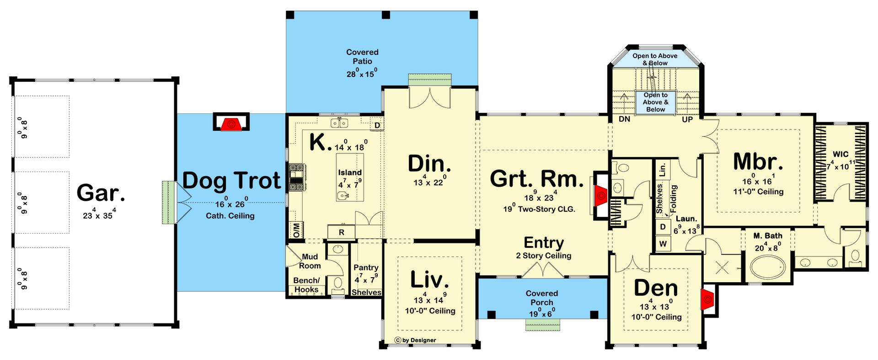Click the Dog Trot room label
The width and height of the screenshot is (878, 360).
click(x=231, y=181)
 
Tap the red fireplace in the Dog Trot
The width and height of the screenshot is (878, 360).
click(x=231, y=124)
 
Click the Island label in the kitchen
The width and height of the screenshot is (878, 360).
click(x=350, y=172)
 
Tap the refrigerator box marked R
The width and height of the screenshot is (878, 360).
click(x=341, y=232)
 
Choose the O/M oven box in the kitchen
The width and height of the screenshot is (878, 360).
click(x=296, y=230)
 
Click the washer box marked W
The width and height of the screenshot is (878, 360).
click(x=663, y=244)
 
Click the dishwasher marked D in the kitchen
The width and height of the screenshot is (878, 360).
click(x=377, y=125)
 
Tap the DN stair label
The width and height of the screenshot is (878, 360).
click(x=624, y=119)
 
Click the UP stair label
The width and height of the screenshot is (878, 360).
click(x=687, y=119)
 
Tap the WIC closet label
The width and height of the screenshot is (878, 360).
click(x=841, y=155)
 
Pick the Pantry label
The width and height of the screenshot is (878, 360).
click(x=366, y=268)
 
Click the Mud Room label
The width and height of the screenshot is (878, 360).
click(x=310, y=261)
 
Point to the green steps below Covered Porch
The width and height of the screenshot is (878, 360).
click(x=542, y=324)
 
